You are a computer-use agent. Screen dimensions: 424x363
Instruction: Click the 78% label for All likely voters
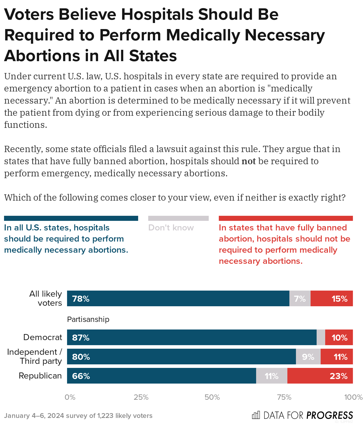point(81,299)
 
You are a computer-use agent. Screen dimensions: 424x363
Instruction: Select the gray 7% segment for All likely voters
point(300,299)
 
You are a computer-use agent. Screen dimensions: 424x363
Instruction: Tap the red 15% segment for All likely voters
point(332,299)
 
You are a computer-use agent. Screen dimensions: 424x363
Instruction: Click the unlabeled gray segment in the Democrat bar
point(321,337)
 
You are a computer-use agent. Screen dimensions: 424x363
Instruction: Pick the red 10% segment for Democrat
point(339,337)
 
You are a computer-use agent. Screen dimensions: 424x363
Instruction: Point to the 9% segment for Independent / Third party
point(308,357)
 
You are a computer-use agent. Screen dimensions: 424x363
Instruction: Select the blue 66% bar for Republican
point(161,376)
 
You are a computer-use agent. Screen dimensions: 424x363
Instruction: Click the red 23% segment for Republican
point(320,376)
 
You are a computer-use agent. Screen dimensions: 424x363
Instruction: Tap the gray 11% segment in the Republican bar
point(271,376)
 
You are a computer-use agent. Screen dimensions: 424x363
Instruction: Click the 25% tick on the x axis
point(141,397)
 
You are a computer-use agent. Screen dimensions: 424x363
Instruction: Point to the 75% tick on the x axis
point(284,397)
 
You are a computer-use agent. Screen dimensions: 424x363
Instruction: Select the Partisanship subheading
point(88,319)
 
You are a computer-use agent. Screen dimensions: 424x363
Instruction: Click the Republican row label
point(40,376)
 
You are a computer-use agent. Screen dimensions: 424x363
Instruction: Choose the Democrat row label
point(42,337)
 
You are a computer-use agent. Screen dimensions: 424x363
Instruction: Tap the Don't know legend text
point(171,227)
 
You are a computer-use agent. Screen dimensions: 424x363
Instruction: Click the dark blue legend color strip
point(71,218)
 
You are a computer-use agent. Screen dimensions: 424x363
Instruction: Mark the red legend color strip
point(286,218)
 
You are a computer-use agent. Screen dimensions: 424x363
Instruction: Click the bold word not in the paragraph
point(249,161)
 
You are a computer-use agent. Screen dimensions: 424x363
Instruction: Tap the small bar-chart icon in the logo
point(256,415)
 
